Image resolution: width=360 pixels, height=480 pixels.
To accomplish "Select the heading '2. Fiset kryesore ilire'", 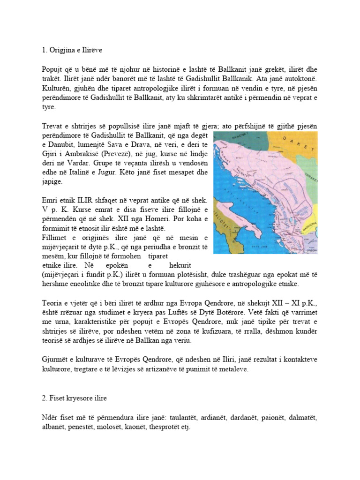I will coord(74,398).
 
